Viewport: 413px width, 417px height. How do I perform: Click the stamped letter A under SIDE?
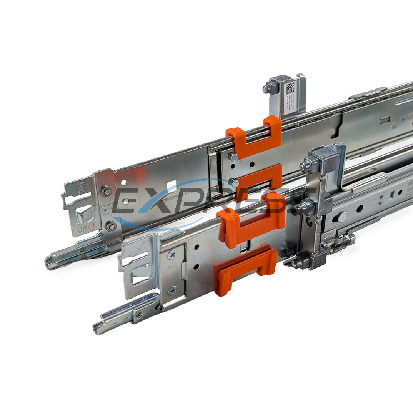[81, 189]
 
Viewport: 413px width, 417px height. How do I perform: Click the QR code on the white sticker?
[290, 88]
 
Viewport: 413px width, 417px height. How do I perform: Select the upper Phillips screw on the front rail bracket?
[172, 253]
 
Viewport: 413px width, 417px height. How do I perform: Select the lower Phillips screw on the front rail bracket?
[173, 291]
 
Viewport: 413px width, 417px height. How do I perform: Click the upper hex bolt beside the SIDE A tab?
[106, 190]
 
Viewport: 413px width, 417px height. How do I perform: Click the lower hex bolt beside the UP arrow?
[111, 226]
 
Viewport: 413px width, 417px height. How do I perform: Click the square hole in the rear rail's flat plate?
[172, 185]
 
